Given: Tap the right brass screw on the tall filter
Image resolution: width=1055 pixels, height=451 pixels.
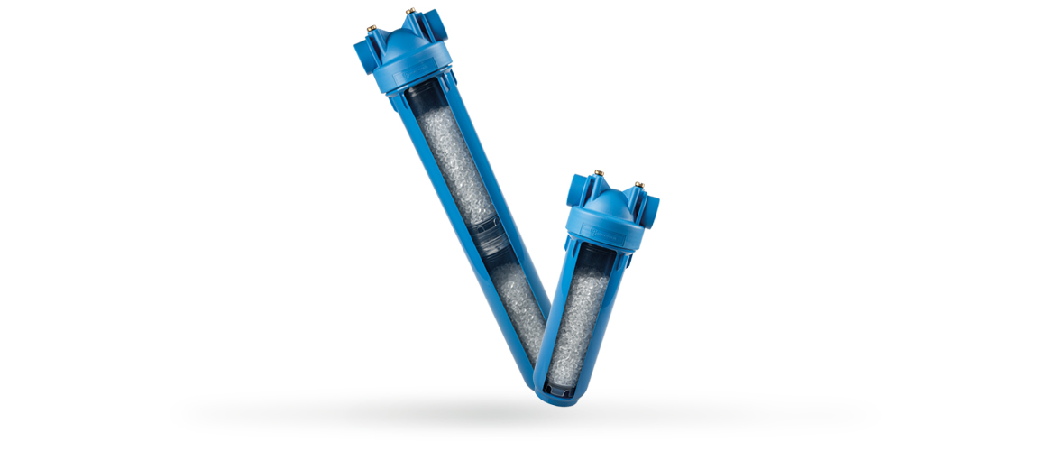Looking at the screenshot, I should click(x=410, y=12).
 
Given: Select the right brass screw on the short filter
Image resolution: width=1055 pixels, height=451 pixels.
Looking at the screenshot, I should click(x=639, y=185).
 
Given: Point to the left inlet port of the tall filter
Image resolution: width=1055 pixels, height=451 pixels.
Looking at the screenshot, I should click(x=365, y=53).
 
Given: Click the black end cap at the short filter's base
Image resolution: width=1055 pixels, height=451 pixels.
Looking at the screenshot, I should click(x=558, y=387).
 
